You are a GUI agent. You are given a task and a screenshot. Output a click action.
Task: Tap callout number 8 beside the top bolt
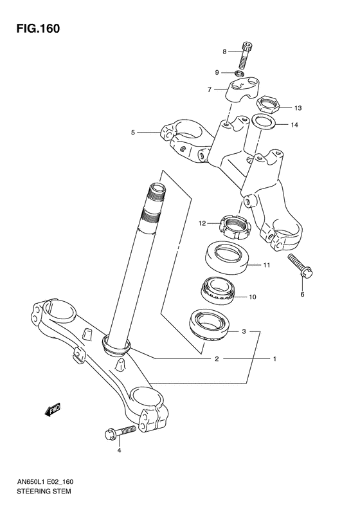225,51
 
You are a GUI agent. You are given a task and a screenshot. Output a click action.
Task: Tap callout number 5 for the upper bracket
133,133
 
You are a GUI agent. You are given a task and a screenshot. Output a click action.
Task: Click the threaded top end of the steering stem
156,193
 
